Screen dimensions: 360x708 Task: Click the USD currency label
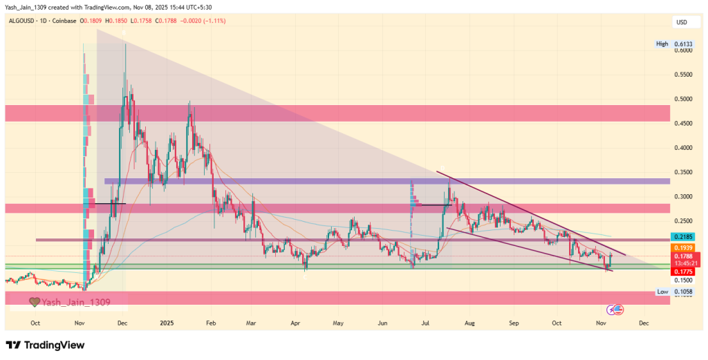(682, 22)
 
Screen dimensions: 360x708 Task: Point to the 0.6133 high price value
(684, 44)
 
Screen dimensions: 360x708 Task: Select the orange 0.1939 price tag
(683, 247)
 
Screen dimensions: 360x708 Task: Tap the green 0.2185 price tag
(683, 236)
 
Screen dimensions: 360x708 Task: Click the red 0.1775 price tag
(683, 272)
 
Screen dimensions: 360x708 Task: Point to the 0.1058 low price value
(684, 292)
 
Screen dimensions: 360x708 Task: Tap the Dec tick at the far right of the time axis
(644, 323)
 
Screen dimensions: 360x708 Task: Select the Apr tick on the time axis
(296, 323)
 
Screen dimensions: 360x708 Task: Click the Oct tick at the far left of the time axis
(35, 323)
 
